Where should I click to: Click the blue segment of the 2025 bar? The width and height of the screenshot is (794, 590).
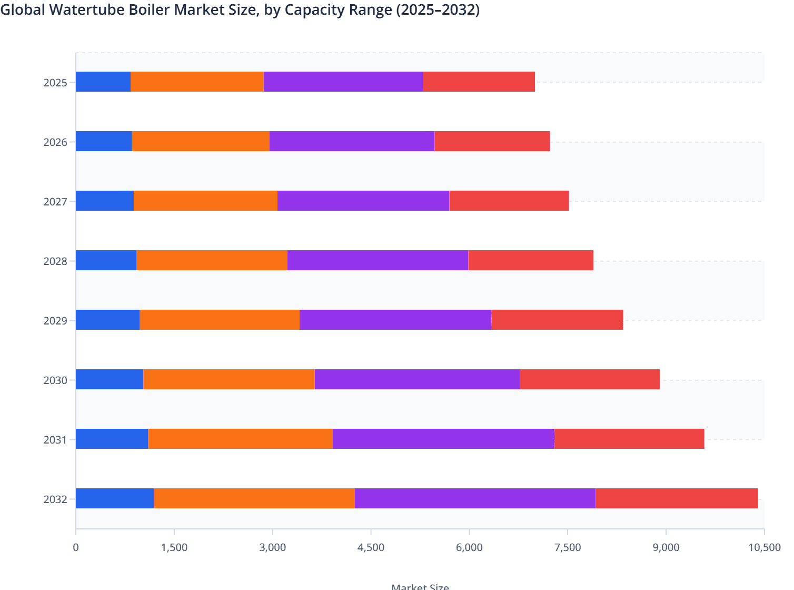pyautogui.click(x=103, y=82)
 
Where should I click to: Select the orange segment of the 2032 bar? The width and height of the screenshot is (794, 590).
pyautogui.click(x=254, y=498)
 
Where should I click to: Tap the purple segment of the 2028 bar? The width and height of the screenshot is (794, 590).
pyautogui.click(x=378, y=260)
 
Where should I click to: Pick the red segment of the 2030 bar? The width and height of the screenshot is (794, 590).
pyautogui.click(x=590, y=379)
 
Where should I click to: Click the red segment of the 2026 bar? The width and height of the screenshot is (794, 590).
pyautogui.click(x=492, y=141)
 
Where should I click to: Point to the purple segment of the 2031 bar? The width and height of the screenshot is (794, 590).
pyautogui.click(x=443, y=439)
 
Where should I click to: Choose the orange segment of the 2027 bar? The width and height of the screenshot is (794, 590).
pyautogui.click(x=205, y=201)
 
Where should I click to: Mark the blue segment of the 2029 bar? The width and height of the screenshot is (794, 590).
pyautogui.click(x=108, y=320)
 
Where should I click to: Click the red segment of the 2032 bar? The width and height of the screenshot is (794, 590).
pyautogui.click(x=677, y=498)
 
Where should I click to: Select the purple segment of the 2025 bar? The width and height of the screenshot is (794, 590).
pyautogui.click(x=343, y=82)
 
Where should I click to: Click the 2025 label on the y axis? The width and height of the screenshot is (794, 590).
pyautogui.click(x=55, y=83)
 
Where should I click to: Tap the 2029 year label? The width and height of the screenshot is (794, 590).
pyautogui.click(x=55, y=321)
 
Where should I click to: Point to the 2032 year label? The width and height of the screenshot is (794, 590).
pyautogui.click(x=55, y=499)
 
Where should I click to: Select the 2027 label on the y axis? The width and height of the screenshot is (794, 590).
pyautogui.click(x=55, y=202)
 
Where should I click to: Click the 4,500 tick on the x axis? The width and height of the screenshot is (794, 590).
pyautogui.click(x=371, y=547)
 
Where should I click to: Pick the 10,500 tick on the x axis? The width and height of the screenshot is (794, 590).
pyautogui.click(x=765, y=547)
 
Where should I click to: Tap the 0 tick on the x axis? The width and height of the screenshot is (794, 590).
pyautogui.click(x=76, y=547)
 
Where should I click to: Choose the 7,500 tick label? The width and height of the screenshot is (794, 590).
pyautogui.click(x=568, y=547)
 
